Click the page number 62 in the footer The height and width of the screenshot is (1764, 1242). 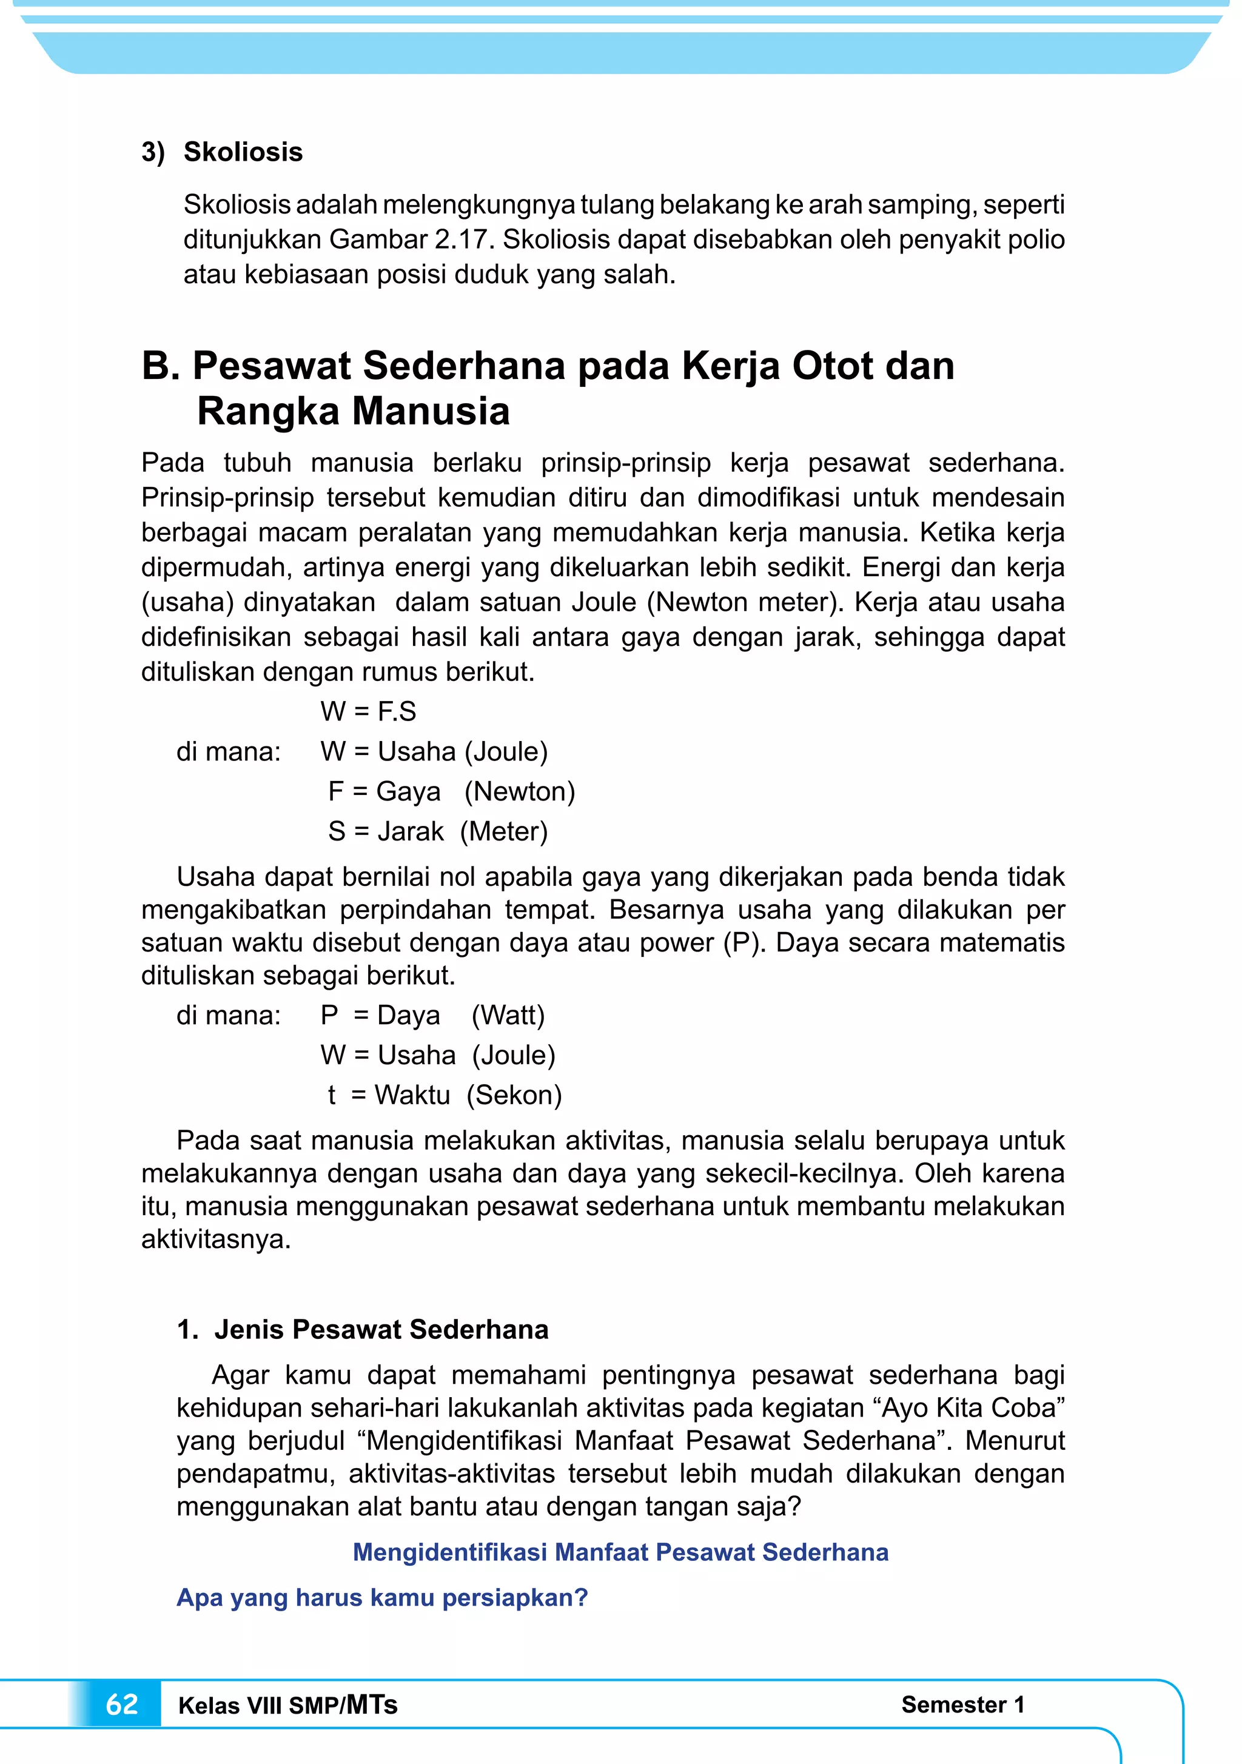121,1704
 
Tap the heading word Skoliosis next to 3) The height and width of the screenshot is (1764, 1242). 243,152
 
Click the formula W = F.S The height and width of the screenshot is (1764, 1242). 368,711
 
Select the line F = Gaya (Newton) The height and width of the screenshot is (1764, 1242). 451,791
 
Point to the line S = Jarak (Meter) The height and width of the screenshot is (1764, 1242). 437,831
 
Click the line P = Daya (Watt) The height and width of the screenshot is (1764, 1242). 433,1015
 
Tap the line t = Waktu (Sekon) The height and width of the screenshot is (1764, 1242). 445,1095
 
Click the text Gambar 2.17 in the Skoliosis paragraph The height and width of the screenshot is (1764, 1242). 411,240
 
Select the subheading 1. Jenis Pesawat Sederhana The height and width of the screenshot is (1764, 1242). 363,1329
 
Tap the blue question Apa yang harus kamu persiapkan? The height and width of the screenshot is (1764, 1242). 382,1597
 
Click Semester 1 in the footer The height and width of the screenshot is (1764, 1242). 963,1704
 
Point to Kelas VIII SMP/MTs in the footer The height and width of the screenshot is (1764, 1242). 287,1705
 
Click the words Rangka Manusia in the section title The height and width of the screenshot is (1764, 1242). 353,411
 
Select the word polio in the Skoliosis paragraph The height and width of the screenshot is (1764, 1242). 1037,240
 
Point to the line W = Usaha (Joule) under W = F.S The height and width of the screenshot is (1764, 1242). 434,751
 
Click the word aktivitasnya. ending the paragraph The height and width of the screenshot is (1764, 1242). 216,1239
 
